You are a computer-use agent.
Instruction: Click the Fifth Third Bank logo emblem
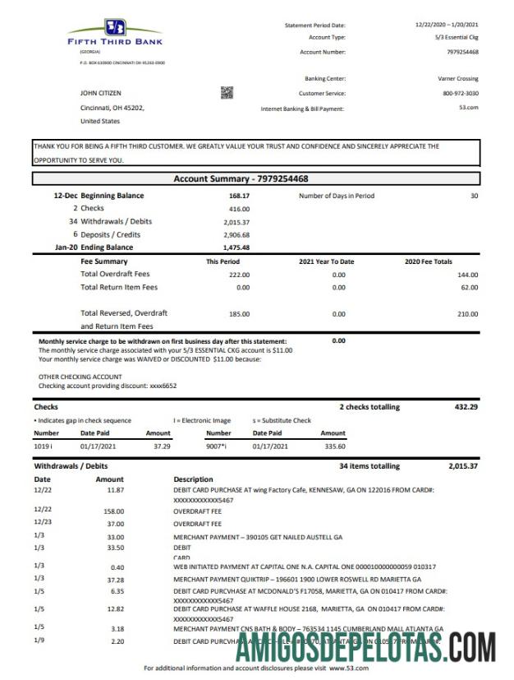pos(114,26)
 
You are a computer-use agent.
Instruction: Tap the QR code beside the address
pos(227,93)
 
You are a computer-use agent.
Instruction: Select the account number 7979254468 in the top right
pos(462,52)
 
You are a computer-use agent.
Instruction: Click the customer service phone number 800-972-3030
pos(461,94)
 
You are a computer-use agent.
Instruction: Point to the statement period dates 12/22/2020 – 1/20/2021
pos(447,25)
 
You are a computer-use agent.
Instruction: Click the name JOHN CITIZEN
pos(100,94)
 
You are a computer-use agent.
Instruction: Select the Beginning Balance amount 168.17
pos(239,197)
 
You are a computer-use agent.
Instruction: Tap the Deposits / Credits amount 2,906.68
pos(236,234)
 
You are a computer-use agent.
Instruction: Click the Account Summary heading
pos(241,178)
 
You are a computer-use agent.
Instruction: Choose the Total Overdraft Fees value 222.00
pos(239,275)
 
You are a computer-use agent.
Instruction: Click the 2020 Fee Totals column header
pos(429,261)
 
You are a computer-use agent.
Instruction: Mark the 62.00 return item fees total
pos(468,288)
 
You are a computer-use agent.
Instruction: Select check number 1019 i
pos(46,446)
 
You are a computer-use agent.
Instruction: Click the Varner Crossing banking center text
pos(458,79)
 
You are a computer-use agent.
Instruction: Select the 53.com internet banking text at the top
pos(468,109)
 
